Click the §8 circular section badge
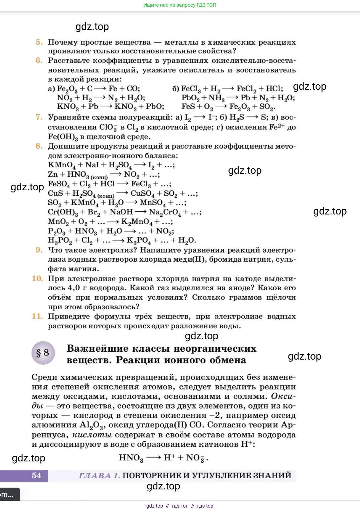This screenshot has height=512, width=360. click(x=43, y=353)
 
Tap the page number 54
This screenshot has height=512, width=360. click(x=36, y=476)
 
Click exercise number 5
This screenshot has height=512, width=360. click(x=39, y=42)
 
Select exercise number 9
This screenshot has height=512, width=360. click(x=39, y=250)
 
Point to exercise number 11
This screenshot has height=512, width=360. click(x=38, y=316)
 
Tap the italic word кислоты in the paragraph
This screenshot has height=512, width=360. click(x=92, y=435)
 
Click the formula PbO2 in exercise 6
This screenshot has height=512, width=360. click(x=190, y=98)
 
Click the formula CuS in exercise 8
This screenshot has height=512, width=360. click(x=55, y=193)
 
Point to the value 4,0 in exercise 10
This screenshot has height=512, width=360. click(x=74, y=288)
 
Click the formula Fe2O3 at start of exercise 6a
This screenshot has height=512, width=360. click(x=67, y=89)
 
